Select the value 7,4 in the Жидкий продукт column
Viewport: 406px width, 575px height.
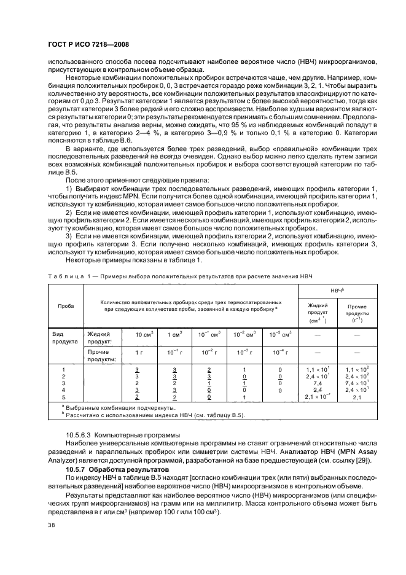point(317,382)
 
